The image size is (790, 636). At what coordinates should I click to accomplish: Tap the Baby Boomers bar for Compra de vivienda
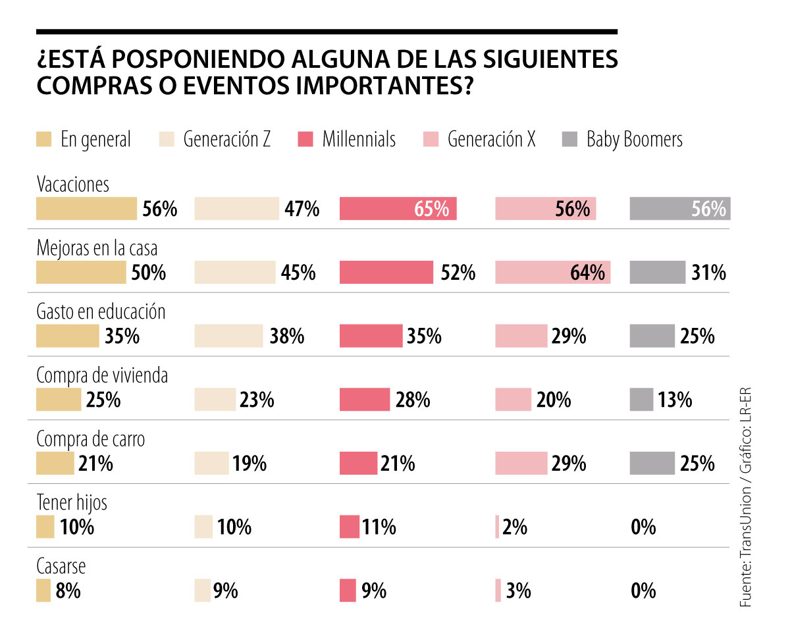tap(641, 400)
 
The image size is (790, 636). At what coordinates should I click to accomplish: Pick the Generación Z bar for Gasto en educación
tap(228, 336)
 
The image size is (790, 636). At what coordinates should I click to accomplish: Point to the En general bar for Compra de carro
tap(55, 464)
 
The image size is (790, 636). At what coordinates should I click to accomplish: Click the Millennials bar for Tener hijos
tap(349, 527)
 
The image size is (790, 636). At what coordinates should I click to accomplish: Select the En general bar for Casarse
tap(43, 591)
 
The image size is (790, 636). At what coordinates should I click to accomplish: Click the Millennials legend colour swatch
tap(305, 140)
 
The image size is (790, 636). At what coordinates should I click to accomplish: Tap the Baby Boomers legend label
tap(635, 140)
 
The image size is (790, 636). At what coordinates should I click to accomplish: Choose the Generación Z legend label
tap(226, 140)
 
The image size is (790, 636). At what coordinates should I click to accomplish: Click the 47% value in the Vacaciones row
tap(303, 209)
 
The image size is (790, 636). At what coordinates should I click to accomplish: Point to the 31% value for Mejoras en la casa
tap(708, 273)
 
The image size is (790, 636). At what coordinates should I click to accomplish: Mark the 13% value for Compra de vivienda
tap(674, 400)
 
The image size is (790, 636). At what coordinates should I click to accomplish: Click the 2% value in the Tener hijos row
tap(515, 527)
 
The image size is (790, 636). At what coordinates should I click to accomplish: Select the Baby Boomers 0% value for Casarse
tap(643, 591)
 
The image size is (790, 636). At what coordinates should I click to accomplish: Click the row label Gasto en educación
tap(101, 311)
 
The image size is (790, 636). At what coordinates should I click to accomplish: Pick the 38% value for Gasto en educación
tap(286, 336)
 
